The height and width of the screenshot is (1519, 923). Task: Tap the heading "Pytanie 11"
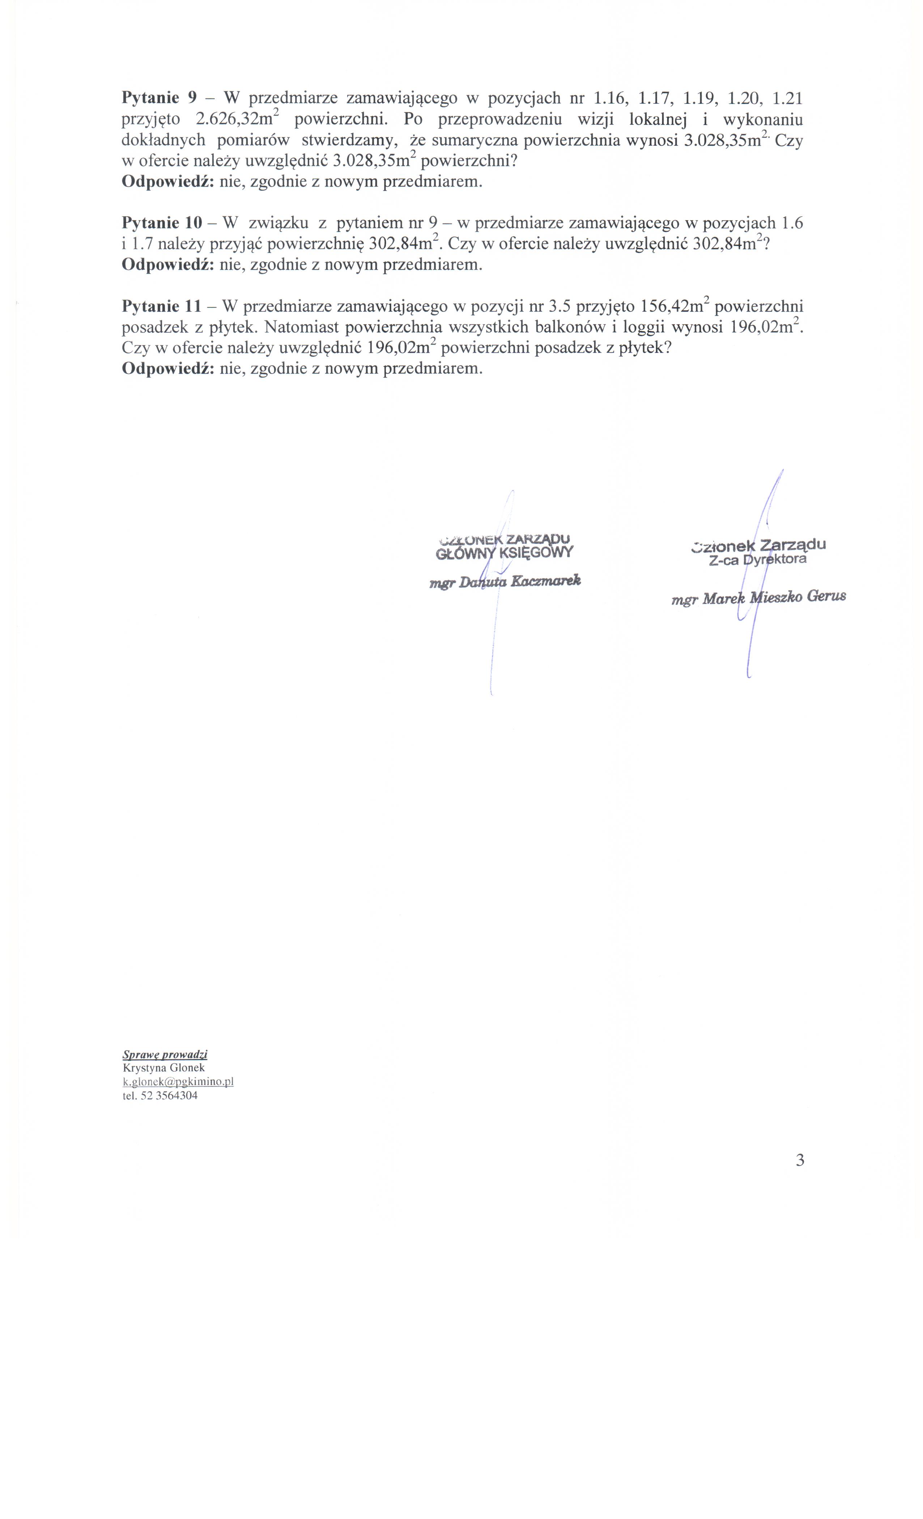pyautogui.click(x=162, y=306)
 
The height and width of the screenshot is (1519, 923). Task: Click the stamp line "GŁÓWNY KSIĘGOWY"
pyautogui.click(x=504, y=552)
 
